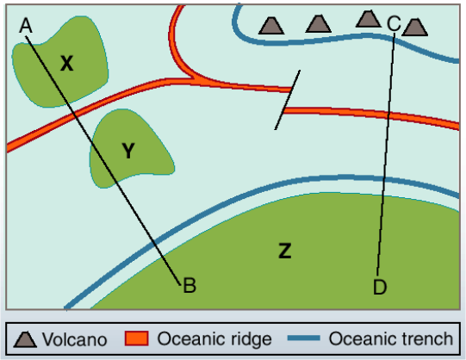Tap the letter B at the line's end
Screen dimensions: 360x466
pos(190,286)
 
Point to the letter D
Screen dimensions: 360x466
pos(380,287)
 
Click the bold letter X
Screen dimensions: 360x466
pos(67,62)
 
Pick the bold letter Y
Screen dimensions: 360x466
pos(128,152)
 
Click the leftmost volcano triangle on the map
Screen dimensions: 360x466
pos(273,24)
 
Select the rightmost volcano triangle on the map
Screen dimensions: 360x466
pos(415,27)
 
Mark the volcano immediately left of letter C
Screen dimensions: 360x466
pos(369,18)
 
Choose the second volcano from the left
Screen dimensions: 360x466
pos(318,23)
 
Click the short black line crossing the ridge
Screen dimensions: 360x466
pos(288,100)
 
